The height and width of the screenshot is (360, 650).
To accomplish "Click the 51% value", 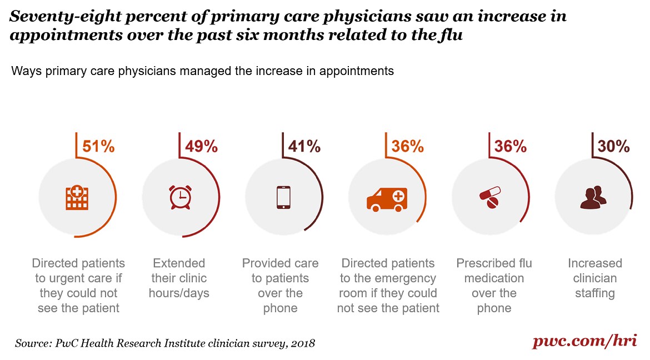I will pos(98,147).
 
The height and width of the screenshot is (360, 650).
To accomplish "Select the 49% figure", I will pos(201,147).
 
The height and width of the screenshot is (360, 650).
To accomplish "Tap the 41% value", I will pos(304,147).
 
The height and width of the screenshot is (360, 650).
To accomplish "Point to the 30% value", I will pos(613,147).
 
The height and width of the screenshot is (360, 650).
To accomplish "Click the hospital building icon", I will pos(77,198).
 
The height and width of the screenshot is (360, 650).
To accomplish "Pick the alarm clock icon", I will pos(180,198).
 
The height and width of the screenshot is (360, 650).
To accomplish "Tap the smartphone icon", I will pos(283,198).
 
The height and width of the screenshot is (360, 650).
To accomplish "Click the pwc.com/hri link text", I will pos(584,341).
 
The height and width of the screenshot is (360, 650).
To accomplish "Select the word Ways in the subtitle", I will pos(23,72).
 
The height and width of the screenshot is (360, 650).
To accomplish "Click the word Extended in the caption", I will pos(179,263).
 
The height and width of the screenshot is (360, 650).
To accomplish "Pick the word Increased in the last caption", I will pos(594,263).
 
